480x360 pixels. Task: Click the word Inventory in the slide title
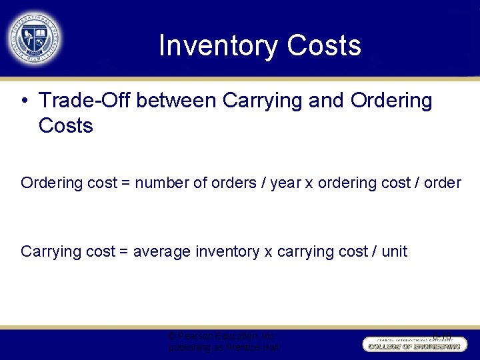(219, 45)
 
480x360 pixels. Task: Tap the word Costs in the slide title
(324, 45)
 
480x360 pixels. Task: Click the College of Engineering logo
(413, 344)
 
